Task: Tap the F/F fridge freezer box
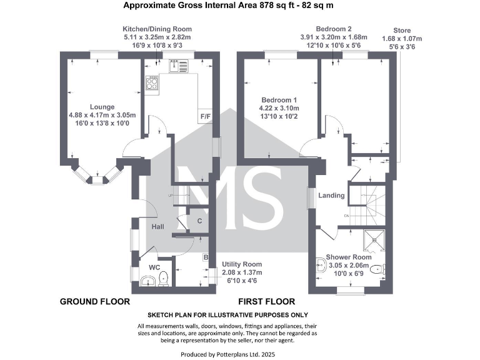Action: (x=204, y=116)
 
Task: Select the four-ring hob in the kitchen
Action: (x=151, y=82)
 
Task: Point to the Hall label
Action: (x=157, y=226)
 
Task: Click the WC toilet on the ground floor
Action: (x=163, y=278)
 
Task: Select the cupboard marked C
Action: (x=199, y=221)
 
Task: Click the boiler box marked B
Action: (x=206, y=257)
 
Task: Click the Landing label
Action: (x=331, y=196)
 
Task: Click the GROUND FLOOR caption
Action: (x=95, y=301)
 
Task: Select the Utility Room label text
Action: (x=242, y=264)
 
